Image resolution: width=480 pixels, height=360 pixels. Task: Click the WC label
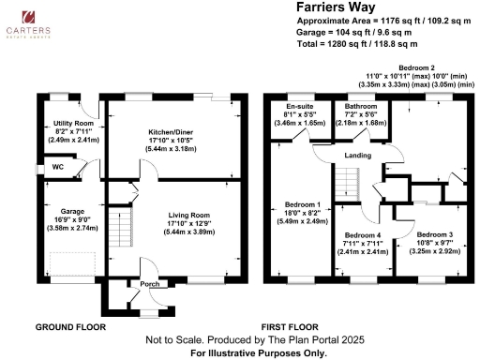(56, 168)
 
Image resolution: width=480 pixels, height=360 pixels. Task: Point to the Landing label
(357, 155)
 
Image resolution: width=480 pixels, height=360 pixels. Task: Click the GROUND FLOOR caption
(69, 327)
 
